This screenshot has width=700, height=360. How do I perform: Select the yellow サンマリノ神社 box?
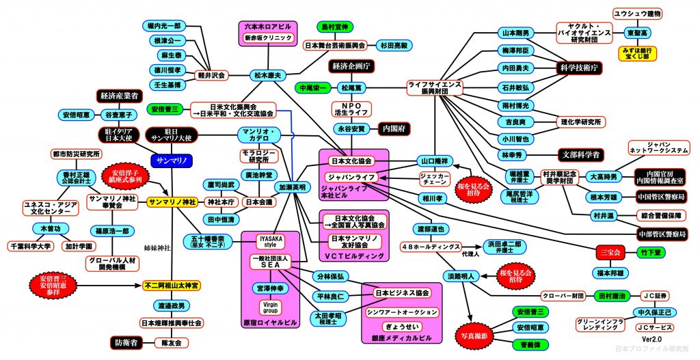tap(172, 202)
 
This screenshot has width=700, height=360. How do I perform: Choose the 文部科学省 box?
tap(582, 154)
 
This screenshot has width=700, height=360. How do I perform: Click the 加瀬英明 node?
tap(293, 186)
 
